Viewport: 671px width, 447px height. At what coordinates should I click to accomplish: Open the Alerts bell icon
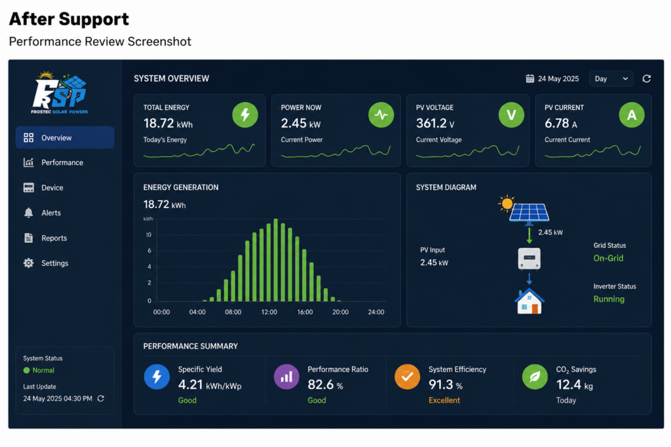click(29, 213)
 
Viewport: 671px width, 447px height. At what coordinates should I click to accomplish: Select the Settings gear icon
click(29, 263)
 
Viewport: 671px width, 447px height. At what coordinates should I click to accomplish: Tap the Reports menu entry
click(54, 238)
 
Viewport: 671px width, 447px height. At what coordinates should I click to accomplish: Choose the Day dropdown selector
click(611, 79)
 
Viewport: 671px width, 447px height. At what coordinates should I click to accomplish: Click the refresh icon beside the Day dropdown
click(647, 79)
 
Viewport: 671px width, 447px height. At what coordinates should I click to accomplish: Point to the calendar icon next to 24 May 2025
click(529, 79)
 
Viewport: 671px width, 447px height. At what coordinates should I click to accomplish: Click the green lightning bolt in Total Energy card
click(245, 115)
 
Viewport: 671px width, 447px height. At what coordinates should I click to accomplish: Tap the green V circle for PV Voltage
click(511, 115)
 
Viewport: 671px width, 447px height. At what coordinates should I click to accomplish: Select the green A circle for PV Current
click(632, 115)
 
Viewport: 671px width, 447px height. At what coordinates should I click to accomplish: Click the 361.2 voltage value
click(431, 124)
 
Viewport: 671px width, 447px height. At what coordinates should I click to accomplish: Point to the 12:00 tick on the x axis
click(269, 312)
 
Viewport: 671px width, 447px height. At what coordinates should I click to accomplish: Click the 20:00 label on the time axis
click(341, 312)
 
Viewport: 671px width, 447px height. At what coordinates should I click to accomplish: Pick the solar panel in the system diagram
click(529, 213)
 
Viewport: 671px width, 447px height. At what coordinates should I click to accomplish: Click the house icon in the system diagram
click(529, 301)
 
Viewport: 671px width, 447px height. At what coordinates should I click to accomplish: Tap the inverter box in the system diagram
click(529, 259)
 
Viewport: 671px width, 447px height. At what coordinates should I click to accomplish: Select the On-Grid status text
click(608, 258)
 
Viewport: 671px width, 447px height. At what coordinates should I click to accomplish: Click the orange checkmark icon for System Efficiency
click(408, 377)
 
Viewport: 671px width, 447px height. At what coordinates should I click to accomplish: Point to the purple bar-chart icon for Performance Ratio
click(286, 377)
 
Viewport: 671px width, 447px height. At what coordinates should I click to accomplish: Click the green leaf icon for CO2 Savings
click(535, 377)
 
